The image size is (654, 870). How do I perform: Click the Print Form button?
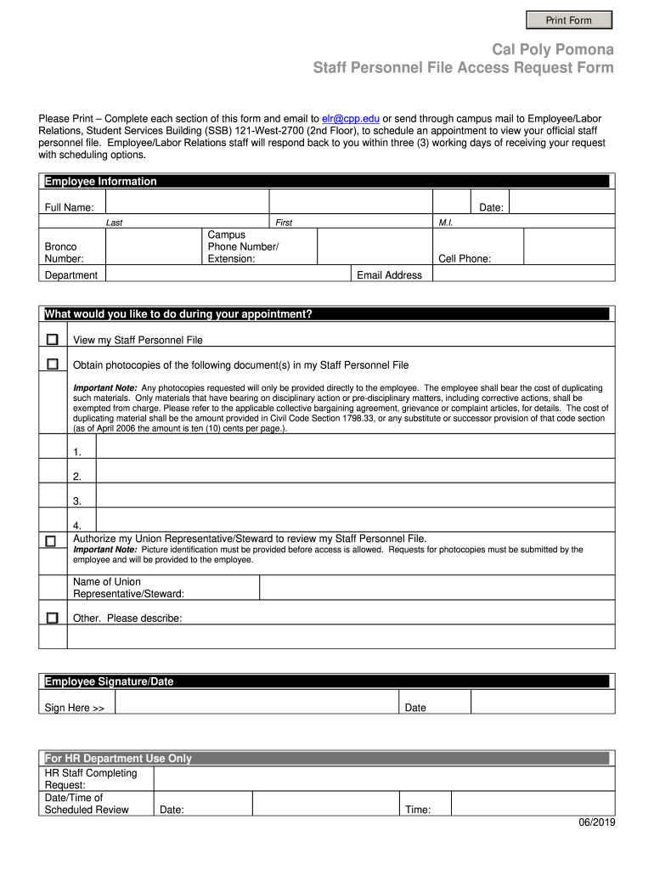[568, 20]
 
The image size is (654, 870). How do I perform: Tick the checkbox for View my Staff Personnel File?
[53, 340]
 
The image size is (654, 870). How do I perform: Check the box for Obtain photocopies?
[53, 364]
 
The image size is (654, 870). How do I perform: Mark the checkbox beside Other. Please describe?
[53, 618]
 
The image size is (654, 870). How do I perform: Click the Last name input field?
[187, 202]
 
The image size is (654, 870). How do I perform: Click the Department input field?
[228, 274]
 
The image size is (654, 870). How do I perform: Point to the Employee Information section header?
[101, 182]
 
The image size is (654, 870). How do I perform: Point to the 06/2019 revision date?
[597, 822]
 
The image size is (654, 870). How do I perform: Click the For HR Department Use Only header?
[118, 758]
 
